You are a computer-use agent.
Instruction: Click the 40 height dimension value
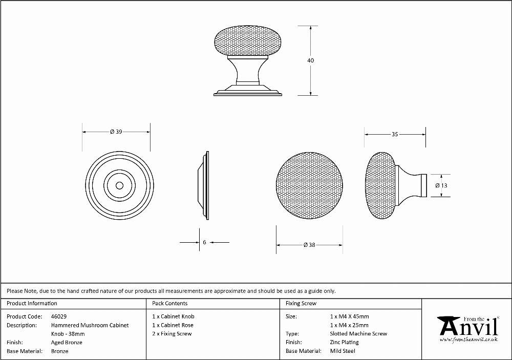[x=311, y=60]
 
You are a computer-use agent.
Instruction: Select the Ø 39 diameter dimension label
[x=116, y=132]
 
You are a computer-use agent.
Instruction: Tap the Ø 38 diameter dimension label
[x=309, y=245]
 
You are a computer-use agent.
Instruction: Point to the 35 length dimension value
[x=395, y=134]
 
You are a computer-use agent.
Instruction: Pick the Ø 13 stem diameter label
[x=441, y=185]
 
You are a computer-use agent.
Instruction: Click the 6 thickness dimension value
[x=204, y=242]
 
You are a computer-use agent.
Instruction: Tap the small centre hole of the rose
[x=119, y=185]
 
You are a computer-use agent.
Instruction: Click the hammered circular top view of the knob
[x=309, y=185]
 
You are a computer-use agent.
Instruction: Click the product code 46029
[x=59, y=316]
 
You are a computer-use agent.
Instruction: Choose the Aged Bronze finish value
[x=67, y=343]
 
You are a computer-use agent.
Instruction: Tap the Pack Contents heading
[x=170, y=303]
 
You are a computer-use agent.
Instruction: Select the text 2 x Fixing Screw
[x=172, y=333]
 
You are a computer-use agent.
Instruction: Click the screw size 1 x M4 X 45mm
[x=349, y=316]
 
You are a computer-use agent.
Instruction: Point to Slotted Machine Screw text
[x=358, y=333]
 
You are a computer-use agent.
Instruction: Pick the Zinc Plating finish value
[x=344, y=342]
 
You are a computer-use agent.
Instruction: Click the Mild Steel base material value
[x=343, y=351]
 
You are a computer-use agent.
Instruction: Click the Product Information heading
[x=32, y=303]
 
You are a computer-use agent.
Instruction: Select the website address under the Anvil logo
[x=469, y=340]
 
